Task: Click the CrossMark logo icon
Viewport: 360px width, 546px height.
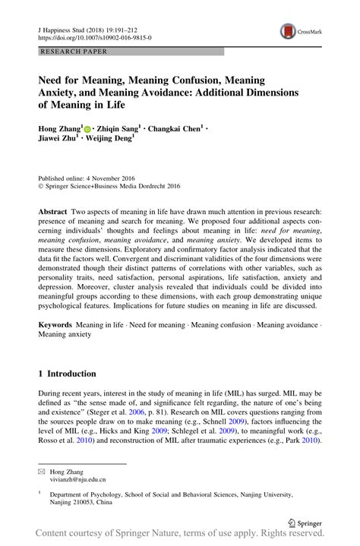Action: click(x=289, y=31)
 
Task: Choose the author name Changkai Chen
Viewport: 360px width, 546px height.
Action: click(x=175, y=130)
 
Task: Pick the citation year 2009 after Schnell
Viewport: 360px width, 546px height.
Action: click(x=257, y=421)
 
